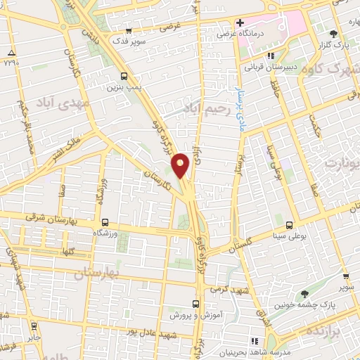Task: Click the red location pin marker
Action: click(181, 165)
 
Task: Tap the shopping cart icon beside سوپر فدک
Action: click(129, 31)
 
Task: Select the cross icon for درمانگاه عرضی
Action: click(240, 23)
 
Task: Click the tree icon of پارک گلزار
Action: click(333, 32)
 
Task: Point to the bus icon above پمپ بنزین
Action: click(124, 76)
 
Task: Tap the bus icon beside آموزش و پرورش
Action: click(195, 304)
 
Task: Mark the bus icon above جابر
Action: click(32, 326)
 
